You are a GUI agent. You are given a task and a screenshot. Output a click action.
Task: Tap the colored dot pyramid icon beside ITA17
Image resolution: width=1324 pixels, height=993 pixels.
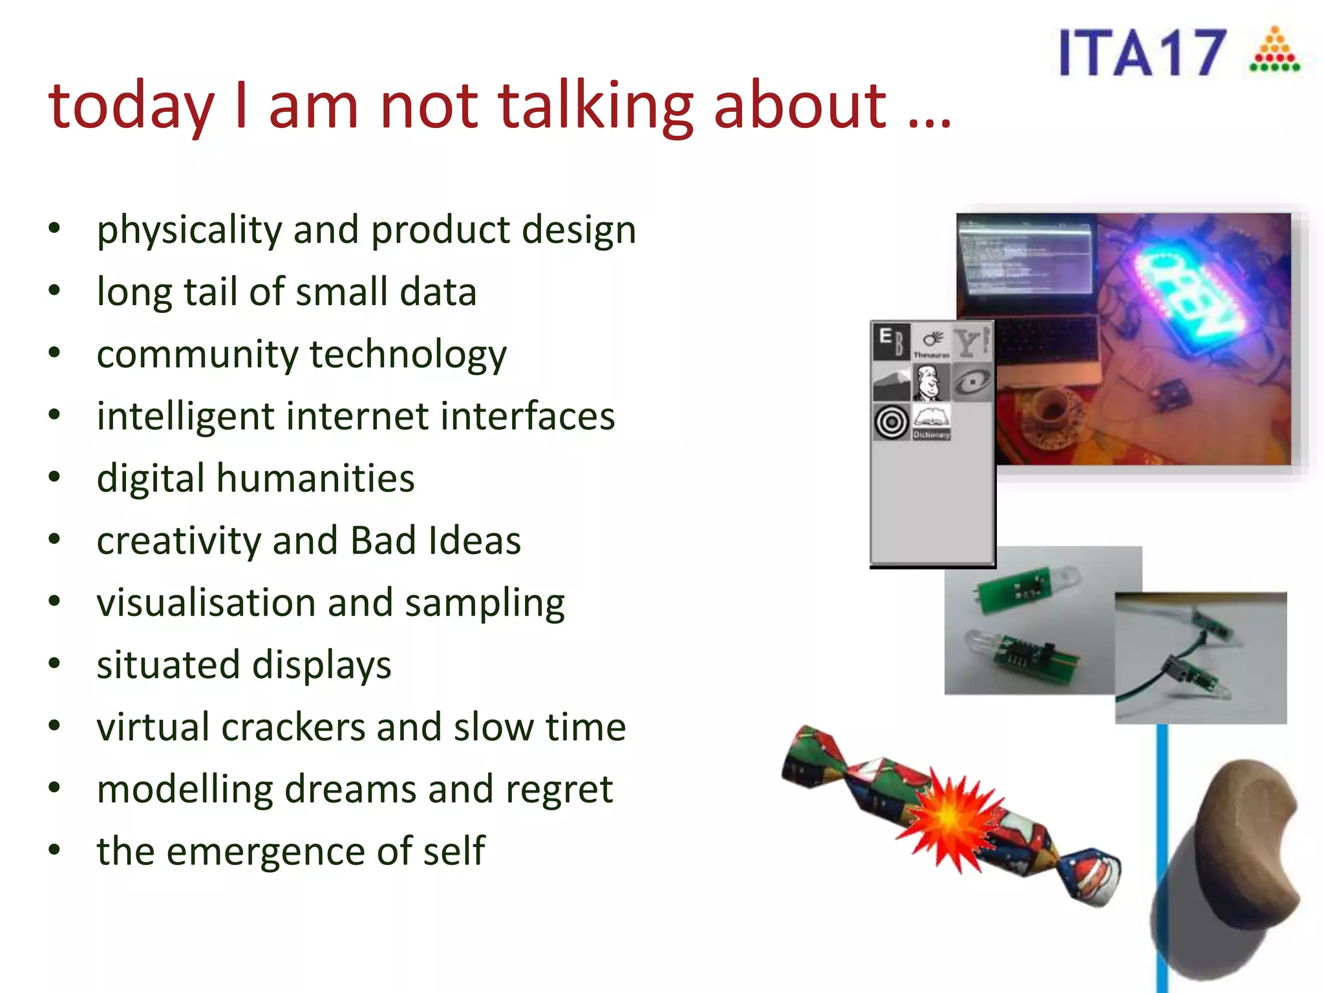[1274, 50]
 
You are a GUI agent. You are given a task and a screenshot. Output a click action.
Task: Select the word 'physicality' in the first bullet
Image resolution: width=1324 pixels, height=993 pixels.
[187, 230]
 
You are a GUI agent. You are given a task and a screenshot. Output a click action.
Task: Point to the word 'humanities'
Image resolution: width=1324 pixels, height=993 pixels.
[315, 478]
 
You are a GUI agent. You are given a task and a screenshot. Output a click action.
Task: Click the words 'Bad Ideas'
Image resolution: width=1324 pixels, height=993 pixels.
[436, 540]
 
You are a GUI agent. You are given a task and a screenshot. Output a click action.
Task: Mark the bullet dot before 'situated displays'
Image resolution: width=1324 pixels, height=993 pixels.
[54, 664]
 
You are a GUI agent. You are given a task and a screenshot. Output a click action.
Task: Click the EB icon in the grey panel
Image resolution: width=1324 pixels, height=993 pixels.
[892, 342]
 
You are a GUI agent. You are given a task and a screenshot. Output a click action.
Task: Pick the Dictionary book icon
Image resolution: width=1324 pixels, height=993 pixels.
[932, 421]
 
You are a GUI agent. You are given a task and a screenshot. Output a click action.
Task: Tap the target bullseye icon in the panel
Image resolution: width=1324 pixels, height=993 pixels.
[892, 422]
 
